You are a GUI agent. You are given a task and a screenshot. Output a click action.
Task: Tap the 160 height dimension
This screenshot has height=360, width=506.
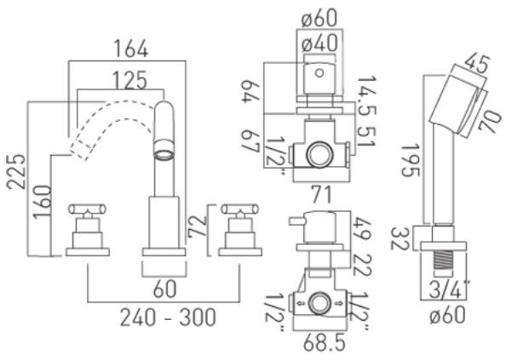[x=38, y=203]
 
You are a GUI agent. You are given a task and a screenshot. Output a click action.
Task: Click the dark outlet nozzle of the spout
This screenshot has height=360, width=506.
[x=163, y=156]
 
